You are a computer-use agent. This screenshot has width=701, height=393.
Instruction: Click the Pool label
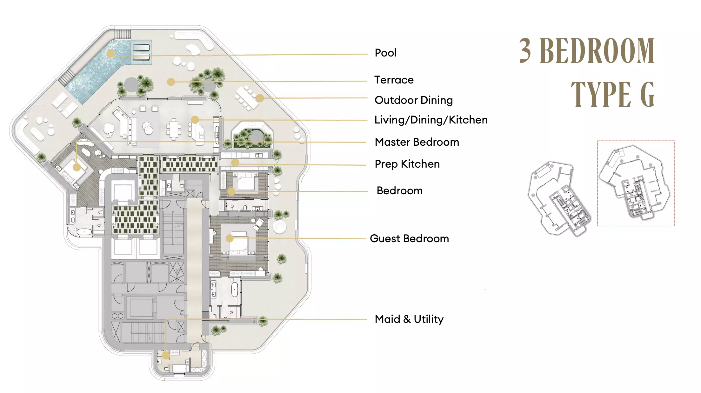(385, 53)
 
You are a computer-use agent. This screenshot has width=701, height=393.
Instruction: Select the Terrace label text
(394, 80)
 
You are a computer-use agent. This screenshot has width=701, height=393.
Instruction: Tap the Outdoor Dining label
(414, 100)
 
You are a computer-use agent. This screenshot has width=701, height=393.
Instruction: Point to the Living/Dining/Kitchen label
(431, 120)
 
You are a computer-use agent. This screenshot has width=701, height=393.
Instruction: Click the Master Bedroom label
(417, 142)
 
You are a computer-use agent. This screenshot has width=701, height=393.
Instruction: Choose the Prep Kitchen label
(407, 164)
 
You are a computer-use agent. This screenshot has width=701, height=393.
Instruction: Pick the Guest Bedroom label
(410, 238)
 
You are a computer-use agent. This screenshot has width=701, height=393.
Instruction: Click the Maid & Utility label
(409, 319)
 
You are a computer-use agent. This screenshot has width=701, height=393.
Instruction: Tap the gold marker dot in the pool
(110, 53)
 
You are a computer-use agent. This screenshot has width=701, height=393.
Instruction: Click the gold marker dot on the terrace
(171, 82)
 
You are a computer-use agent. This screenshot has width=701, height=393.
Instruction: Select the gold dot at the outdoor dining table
(260, 98)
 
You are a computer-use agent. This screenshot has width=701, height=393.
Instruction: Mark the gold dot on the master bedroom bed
(77, 167)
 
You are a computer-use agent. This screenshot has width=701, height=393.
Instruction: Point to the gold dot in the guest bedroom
(230, 238)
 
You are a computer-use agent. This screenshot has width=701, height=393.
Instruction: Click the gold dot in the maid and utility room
(166, 355)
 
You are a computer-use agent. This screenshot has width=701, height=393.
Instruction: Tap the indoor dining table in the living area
(173, 129)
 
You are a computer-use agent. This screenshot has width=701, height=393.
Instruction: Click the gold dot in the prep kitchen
(235, 163)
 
